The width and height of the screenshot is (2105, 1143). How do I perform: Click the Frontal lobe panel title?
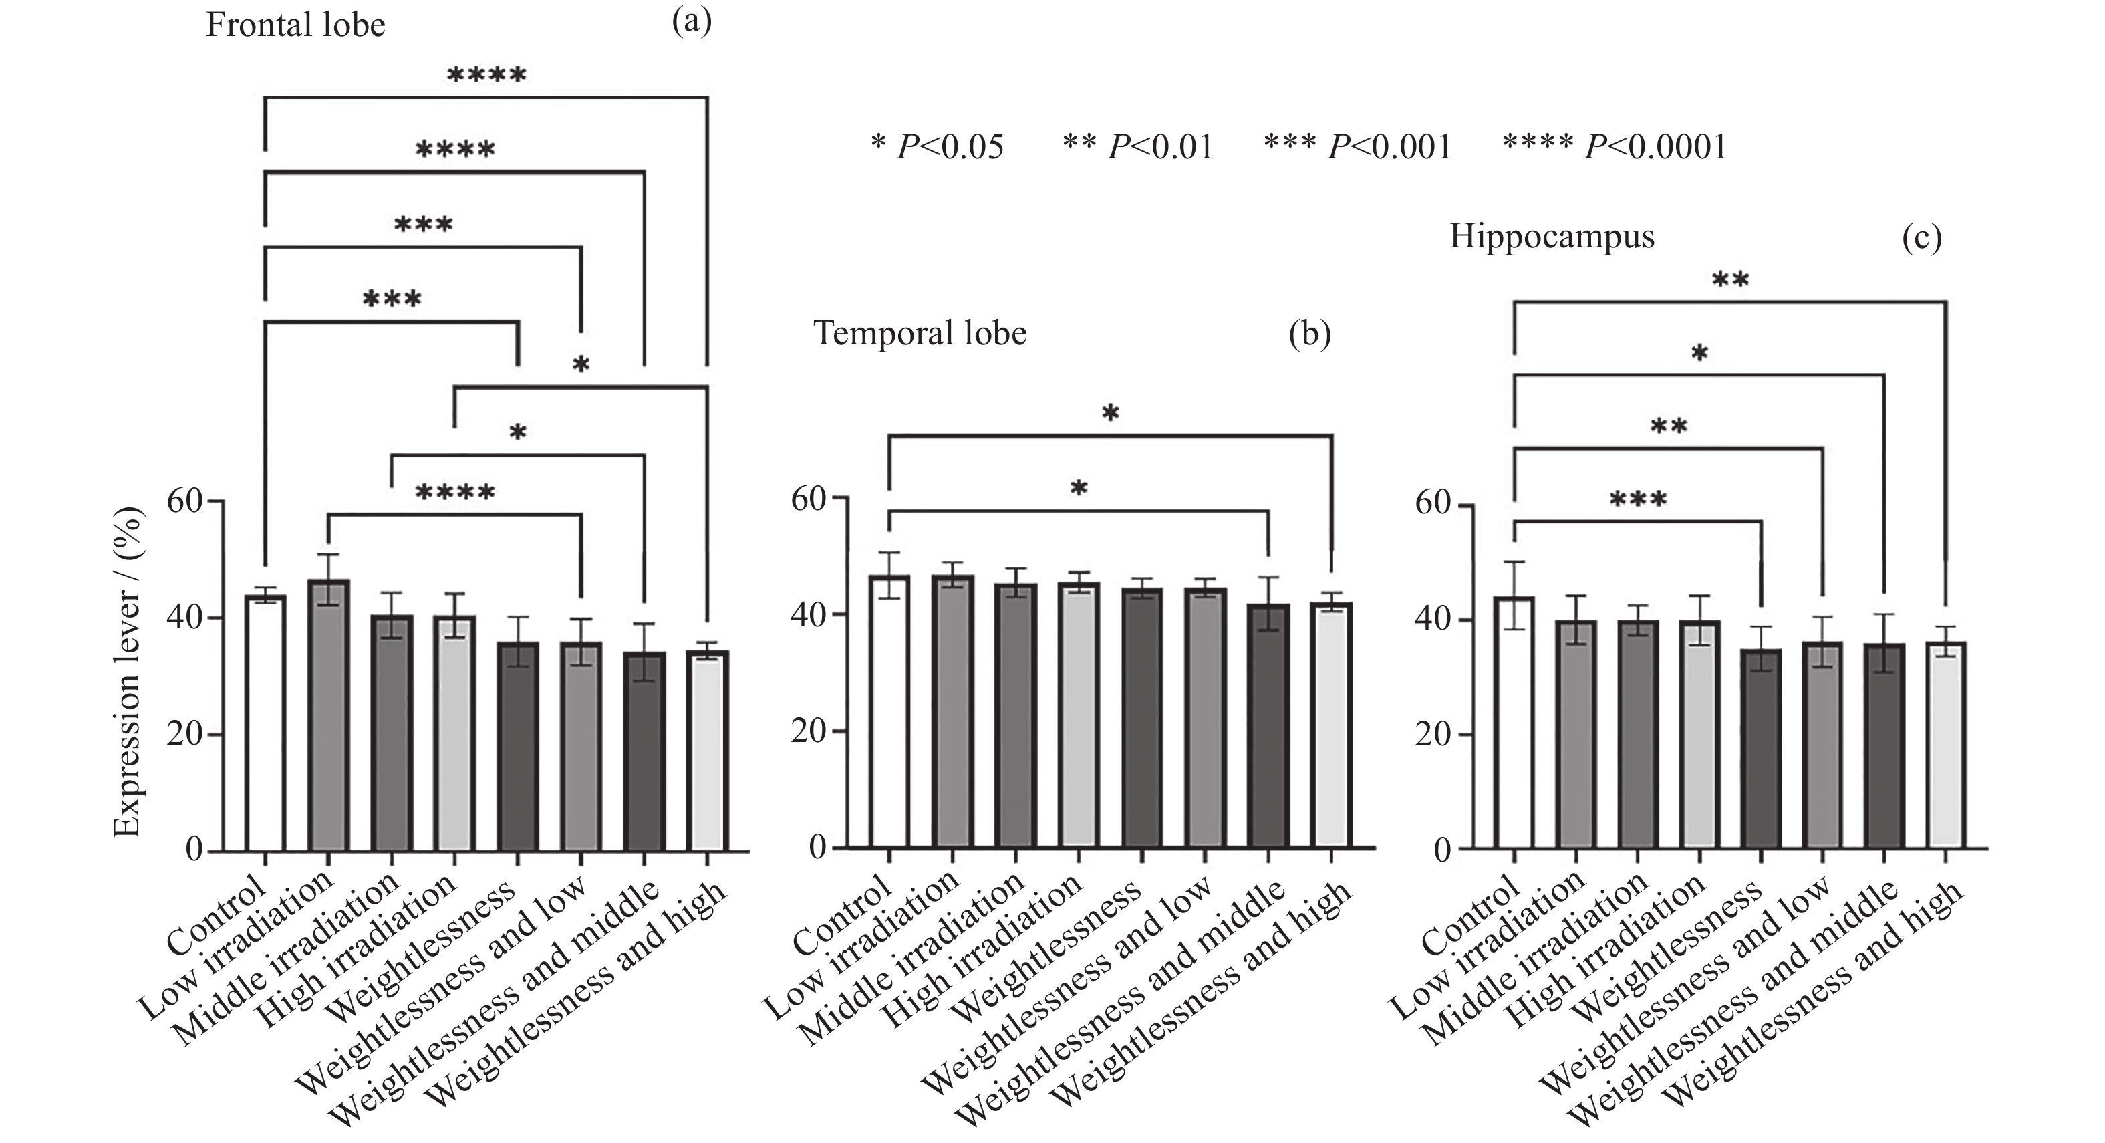click(295, 25)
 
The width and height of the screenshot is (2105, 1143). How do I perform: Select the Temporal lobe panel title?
click(920, 334)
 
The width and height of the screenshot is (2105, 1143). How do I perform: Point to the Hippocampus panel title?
click(1552, 237)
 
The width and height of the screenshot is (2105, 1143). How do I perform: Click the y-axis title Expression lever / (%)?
click(128, 673)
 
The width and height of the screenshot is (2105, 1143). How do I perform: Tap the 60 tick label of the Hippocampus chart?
click(1433, 502)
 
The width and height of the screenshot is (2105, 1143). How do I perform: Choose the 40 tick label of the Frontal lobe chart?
click(184, 617)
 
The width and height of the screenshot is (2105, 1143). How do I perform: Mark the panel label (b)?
click(1309, 334)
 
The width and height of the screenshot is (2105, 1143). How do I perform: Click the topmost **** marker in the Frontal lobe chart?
click(486, 76)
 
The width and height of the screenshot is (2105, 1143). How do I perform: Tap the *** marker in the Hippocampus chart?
click(1638, 499)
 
